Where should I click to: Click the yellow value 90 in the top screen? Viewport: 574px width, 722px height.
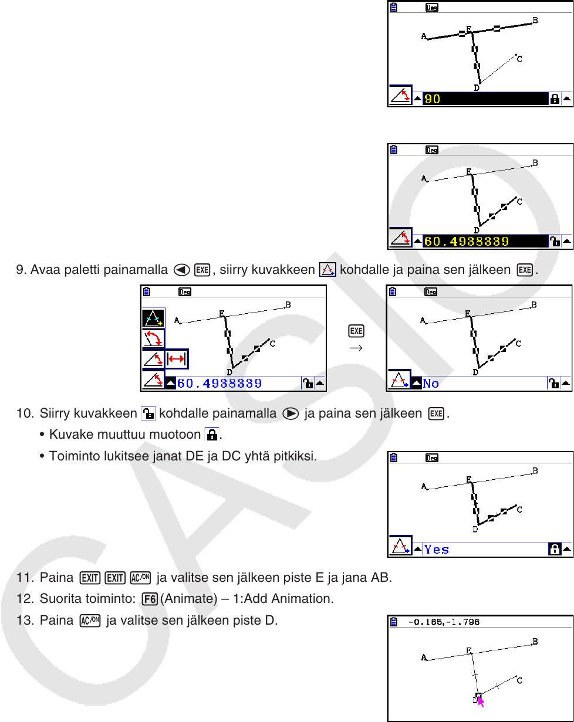432,99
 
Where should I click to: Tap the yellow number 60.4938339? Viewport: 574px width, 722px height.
466,241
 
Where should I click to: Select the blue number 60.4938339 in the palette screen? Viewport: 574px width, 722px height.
219,383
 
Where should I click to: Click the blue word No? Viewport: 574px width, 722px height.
431,383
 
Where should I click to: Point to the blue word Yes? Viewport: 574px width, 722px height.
436,549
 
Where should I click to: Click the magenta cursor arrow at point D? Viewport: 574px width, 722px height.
481,701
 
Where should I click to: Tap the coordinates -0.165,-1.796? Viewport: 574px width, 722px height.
444,622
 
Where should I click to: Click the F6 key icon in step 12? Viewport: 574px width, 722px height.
150,599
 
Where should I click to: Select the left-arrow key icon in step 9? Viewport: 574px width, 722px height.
181,270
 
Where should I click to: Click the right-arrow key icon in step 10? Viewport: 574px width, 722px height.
291,413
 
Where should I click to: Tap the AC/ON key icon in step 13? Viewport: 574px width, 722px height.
90,621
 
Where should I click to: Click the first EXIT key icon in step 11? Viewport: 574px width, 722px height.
90,578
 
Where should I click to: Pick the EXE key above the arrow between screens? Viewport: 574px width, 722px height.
356,331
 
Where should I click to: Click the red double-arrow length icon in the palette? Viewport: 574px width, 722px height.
177,359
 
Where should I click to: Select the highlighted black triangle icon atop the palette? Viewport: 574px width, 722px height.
153,318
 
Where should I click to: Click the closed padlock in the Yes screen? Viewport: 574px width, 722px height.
555,549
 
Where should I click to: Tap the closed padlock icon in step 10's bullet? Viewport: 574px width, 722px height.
212,435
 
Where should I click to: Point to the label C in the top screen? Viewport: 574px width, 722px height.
519,59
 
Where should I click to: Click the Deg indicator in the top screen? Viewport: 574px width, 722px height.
432,8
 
